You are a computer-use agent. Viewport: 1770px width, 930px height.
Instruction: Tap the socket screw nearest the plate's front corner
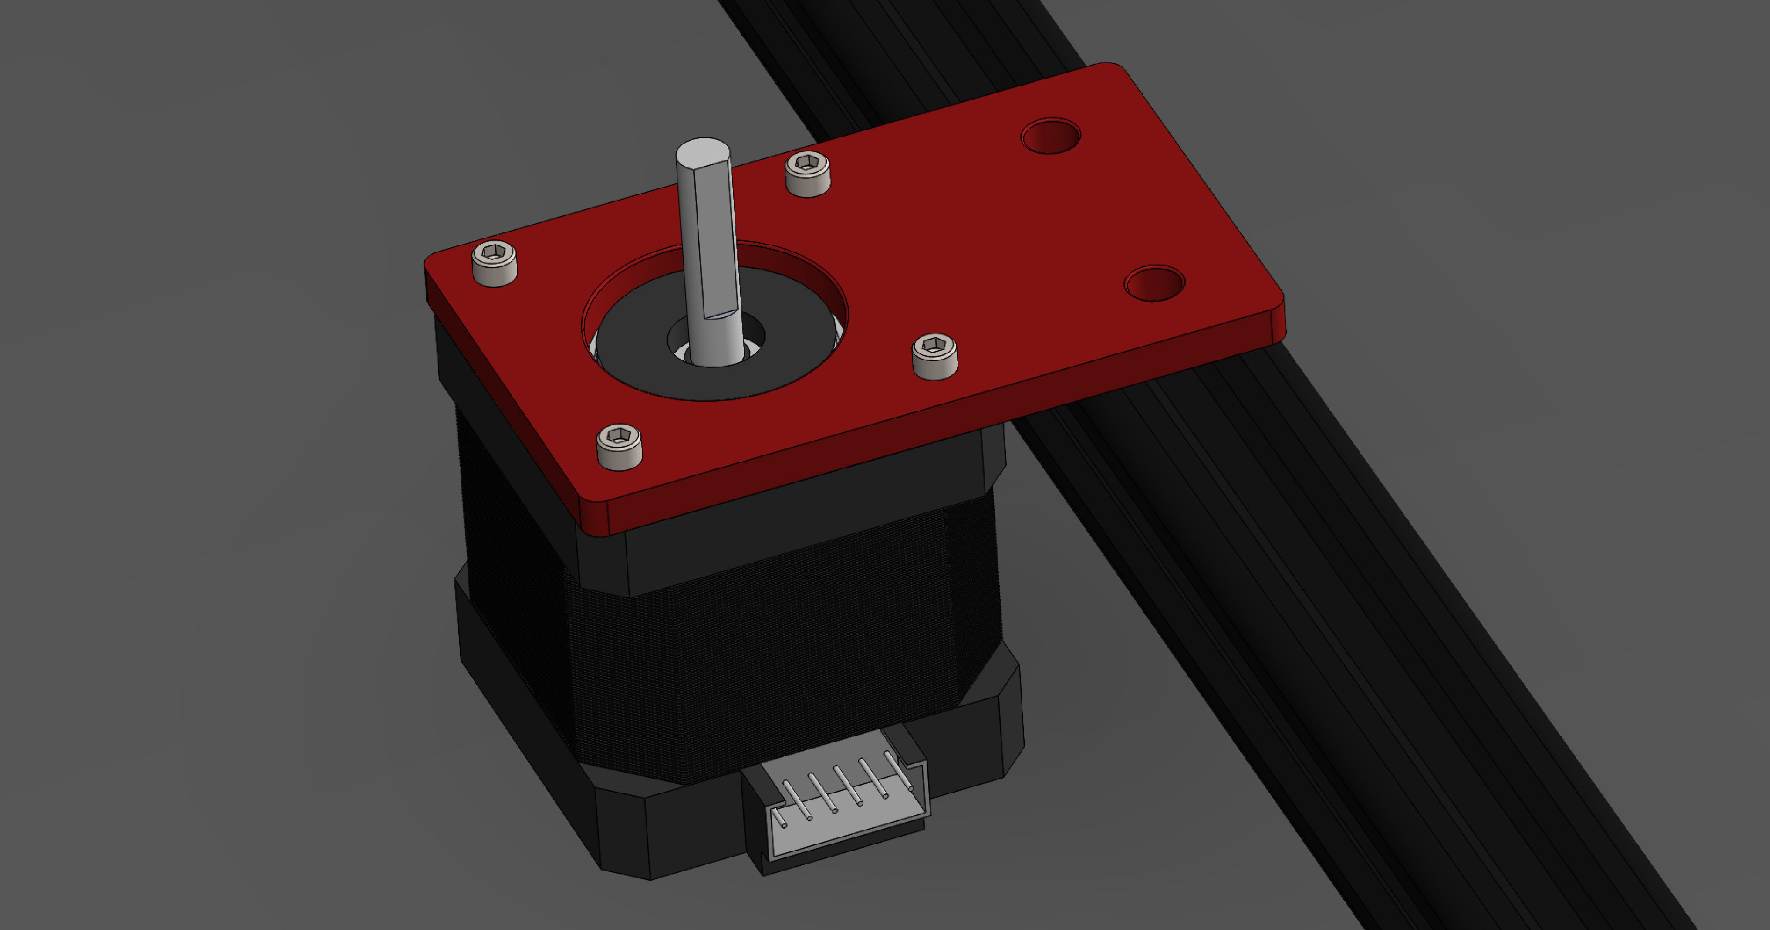619,445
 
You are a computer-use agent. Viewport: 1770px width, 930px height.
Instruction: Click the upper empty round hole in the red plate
1050,135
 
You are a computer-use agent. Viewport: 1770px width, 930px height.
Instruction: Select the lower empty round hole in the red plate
1155,283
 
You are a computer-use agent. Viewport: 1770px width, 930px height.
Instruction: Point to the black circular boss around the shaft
790,357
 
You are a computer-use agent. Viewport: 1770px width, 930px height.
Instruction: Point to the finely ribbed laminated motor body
756,659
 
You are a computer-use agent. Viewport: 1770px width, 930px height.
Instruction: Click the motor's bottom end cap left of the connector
687,831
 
